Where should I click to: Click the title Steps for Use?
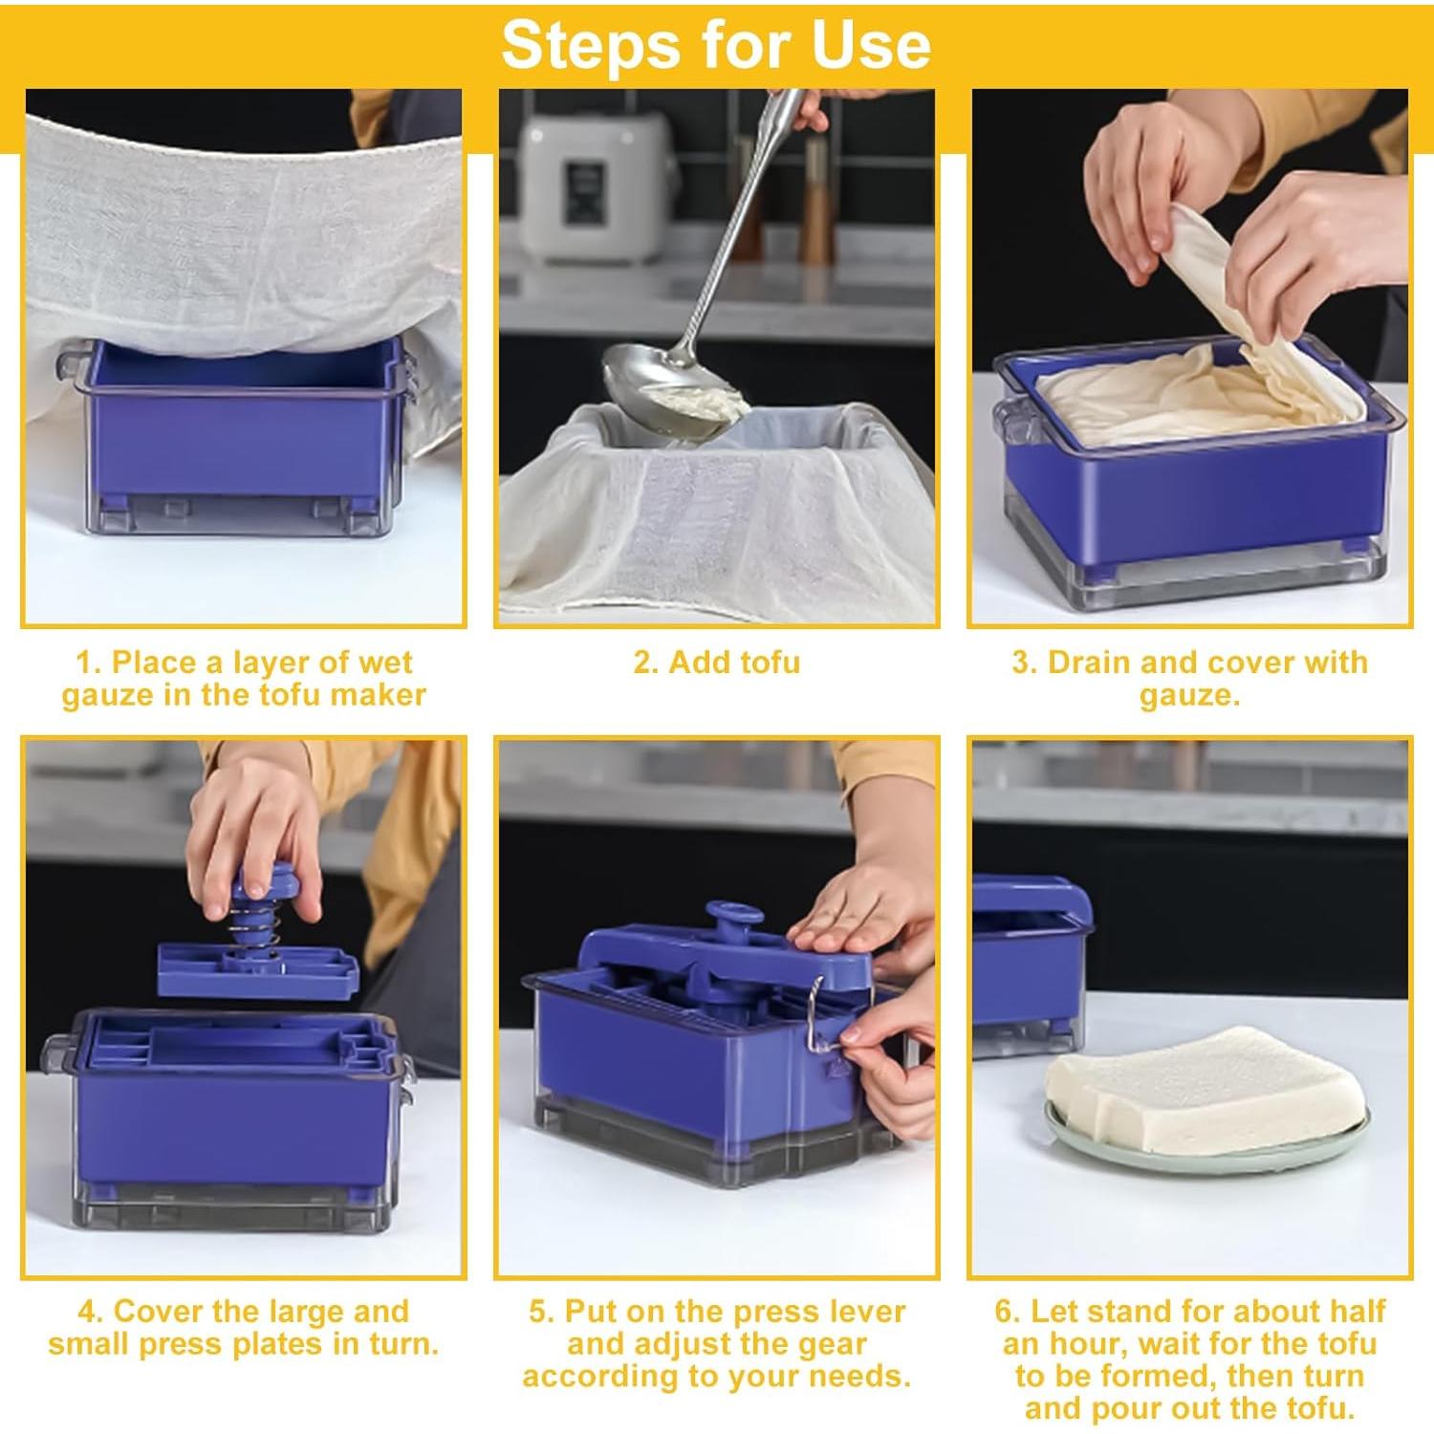coord(716,44)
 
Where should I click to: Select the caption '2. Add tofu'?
coord(716,662)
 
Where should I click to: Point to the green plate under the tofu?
coord(1206,1142)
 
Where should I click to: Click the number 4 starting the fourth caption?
coord(88,1311)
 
